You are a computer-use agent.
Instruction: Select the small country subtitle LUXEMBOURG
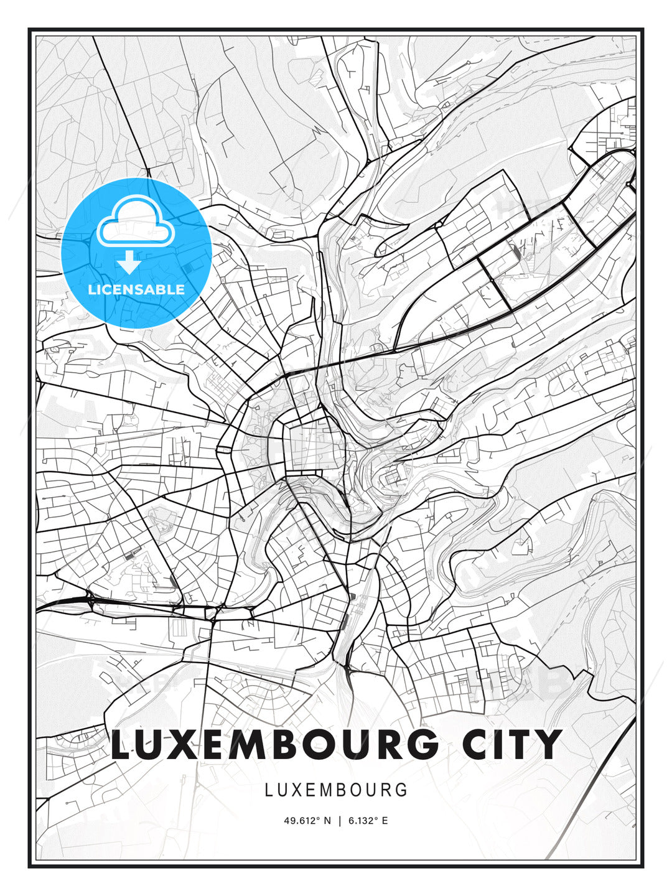click(336, 790)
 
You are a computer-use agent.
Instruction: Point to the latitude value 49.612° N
click(307, 821)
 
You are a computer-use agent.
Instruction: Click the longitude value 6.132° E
click(367, 821)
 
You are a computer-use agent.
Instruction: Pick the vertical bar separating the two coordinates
click(340, 821)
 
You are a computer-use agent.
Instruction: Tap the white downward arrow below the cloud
click(129, 263)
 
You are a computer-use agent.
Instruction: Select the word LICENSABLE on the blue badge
click(136, 289)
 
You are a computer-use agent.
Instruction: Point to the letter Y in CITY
click(548, 744)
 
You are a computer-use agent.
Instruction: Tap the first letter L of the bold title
click(121, 744)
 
